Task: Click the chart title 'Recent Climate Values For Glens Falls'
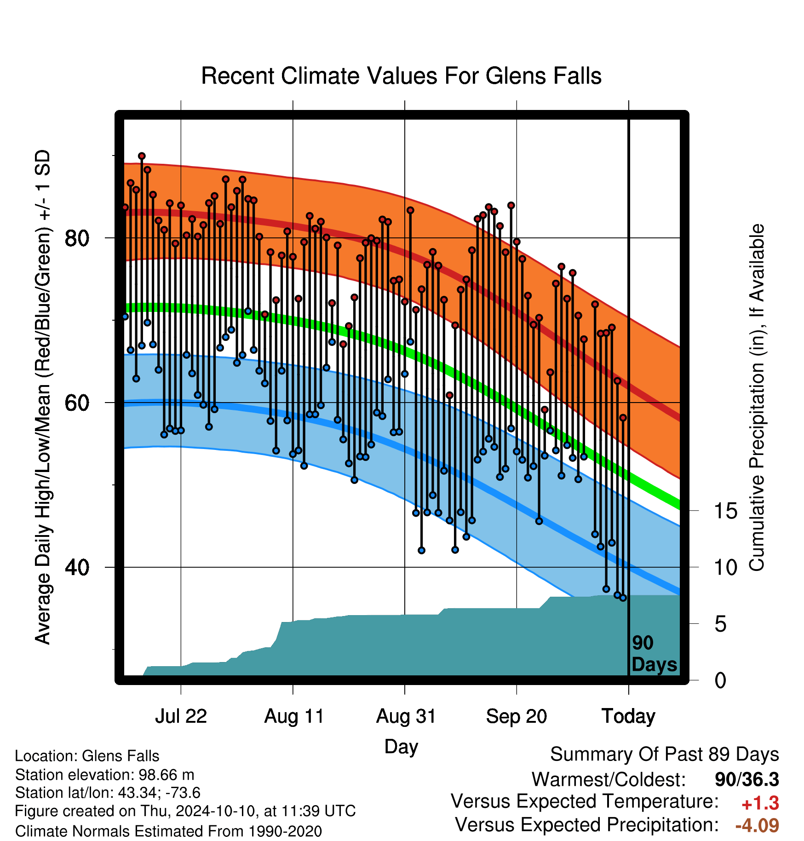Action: [x=401, y=76]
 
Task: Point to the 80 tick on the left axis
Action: [x=77, y=238]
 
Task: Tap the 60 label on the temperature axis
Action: [x=77, y=403]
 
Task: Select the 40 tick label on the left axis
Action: [x=77, y=568]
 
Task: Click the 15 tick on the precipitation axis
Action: [x=726, y=511]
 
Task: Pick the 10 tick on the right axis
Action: [x=726, y=568]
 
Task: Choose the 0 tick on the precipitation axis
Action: [x=720, y=680]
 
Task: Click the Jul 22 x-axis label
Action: [x=181, y=716]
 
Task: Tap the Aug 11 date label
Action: [x=294, y=716]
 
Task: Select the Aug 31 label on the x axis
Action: [x=406, y=716]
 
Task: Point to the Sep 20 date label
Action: [x=517, y=716]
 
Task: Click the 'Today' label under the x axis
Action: [x=628, y=716]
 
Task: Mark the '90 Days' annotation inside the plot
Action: [x=654, y=654]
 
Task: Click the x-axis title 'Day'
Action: [x=401, y=747]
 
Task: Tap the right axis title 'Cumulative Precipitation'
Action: [x=757, y=397]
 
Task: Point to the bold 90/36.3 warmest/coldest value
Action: [x=747, y=779]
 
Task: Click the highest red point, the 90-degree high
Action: [x=142, y=156]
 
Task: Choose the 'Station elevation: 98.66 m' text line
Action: [x=105, y=775]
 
